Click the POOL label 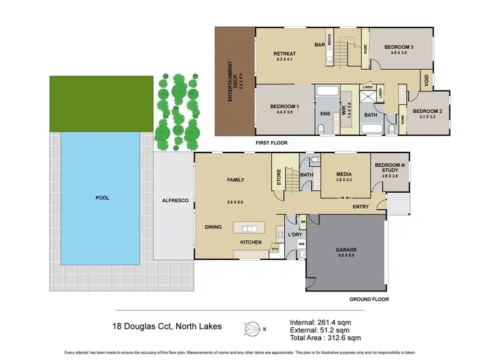tap(102, 198)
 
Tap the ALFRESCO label tap(175, 201)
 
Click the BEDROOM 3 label tap(399, 47)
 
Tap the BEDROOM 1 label tap(284, 106)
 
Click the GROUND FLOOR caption tap(369, 299)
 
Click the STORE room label tap(278, 176)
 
